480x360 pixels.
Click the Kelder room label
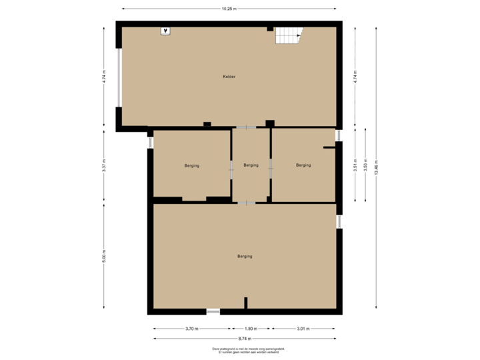click(x=229, y=77)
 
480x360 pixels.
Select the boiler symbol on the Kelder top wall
click(x=165, y=31)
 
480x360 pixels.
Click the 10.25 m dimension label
click(x=229, y=9)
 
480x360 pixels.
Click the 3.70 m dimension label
click(x=192, y=328)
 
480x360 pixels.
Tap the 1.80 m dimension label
click(x=251, y=328)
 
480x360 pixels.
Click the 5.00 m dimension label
click(x=103, y=256)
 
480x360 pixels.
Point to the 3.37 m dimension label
click(x=103, y=165)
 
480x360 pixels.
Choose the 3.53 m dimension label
click(x=365, y=165)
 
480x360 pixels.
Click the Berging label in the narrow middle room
click(x=251, y=165)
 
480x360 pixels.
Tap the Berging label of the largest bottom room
click(x=245, y=256)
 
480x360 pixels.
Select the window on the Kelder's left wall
click(x=119, y=77)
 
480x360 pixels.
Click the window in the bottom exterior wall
click(x=213, y=311)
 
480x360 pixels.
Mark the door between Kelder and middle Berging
click(x=246, y=127)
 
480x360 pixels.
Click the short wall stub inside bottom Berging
click(x=245, y=303)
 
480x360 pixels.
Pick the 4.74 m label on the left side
click(x=103, y=77)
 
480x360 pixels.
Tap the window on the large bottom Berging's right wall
click(x=339, y=221)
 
